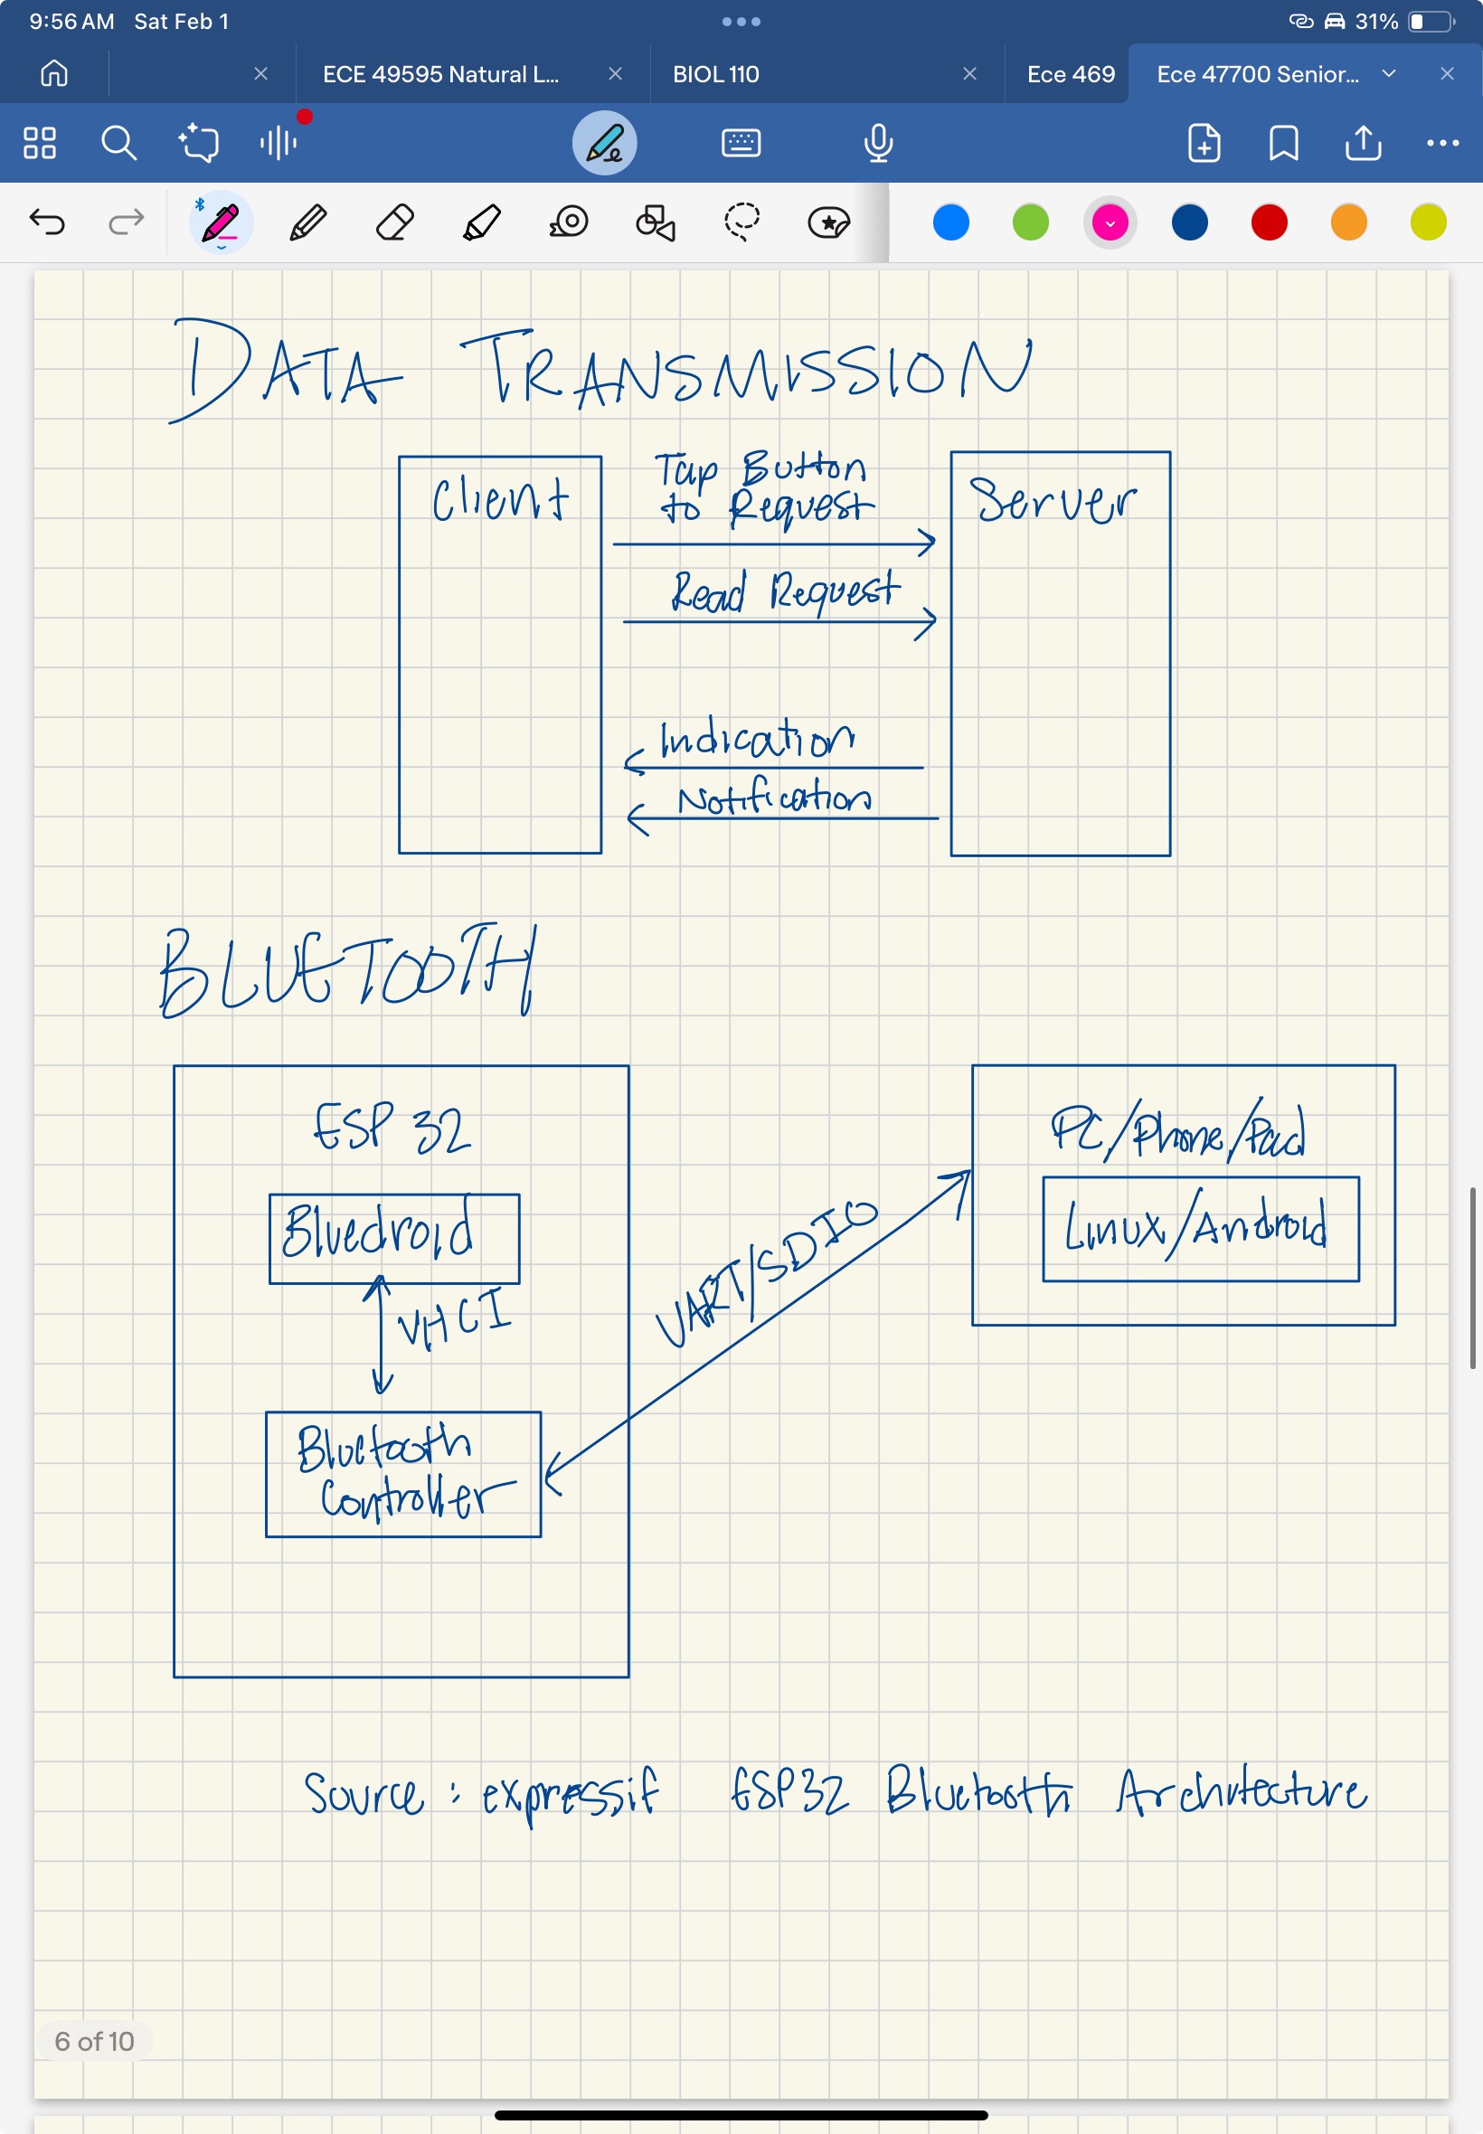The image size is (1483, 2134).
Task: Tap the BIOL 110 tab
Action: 715,74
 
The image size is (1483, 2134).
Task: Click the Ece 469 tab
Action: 1070,74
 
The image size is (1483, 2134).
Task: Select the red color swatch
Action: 1269,223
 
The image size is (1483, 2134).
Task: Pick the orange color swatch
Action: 1348,223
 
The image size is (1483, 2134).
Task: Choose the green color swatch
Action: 1030,223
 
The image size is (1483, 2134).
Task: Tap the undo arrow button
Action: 47,222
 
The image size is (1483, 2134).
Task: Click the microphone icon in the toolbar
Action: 877,143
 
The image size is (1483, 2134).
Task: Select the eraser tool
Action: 394,223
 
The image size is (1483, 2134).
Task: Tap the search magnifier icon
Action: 118,143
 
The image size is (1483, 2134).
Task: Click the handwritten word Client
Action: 500,500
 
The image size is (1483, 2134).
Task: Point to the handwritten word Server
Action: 1052,502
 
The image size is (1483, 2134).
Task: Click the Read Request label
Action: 785,591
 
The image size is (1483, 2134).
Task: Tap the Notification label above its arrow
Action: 773,798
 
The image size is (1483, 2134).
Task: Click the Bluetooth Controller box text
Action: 401,1472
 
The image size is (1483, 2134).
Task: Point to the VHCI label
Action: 453,1317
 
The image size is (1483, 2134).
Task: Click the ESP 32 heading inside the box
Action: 392,1128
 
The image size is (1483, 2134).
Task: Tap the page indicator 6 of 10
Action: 94,2041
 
